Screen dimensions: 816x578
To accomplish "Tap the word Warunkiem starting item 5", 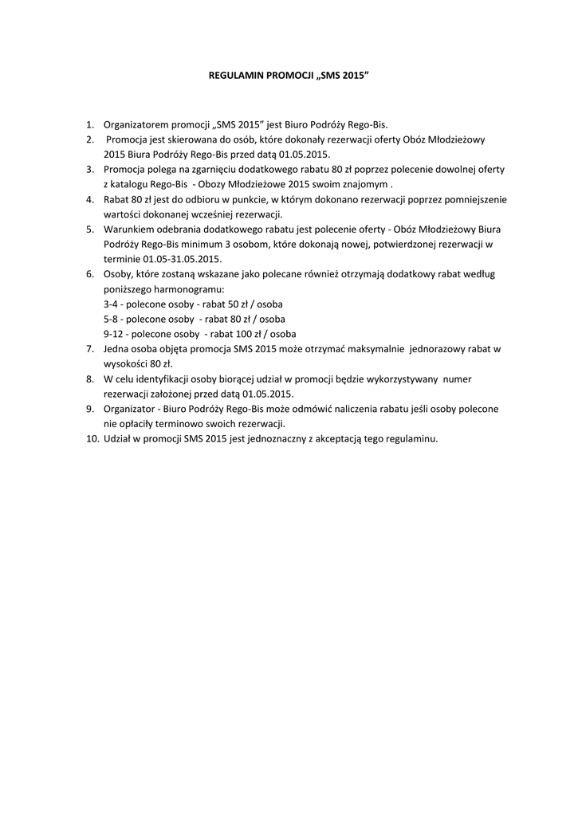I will click(129, 229).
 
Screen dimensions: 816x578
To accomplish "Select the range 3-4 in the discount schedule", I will click(111, 304).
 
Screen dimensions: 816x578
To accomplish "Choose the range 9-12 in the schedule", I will click(113, 334).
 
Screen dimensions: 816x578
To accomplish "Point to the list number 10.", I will click(91, 439).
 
